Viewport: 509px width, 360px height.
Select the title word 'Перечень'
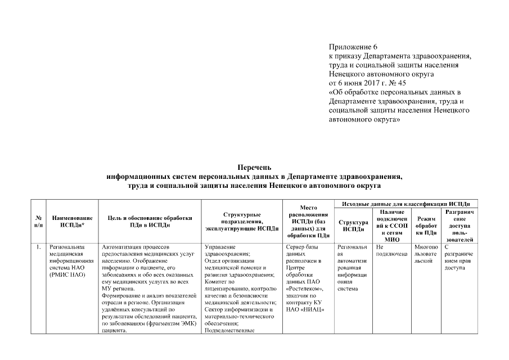254,167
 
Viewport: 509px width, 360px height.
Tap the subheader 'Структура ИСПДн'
353,225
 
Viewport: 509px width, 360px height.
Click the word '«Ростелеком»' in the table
303,290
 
